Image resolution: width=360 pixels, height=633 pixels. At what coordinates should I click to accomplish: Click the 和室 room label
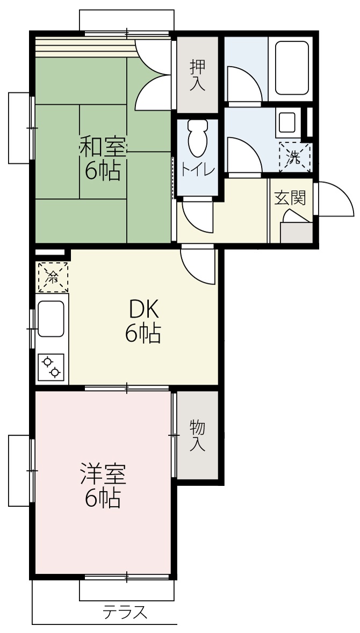pos(103,147)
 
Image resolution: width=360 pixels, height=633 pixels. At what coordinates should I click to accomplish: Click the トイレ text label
pos(198,170)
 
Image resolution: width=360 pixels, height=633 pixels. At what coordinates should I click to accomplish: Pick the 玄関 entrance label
pos(290,199)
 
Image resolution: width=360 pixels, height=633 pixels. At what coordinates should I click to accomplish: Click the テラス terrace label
pos(125,613)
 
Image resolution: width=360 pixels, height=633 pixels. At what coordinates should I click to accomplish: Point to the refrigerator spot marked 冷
pos(53,277)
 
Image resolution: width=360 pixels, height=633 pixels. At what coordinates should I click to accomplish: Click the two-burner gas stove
pos(51,367)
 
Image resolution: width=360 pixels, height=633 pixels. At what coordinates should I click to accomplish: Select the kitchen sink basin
pos(51,319)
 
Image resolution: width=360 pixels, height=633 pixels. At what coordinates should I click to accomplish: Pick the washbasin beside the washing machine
pos(287,122)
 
